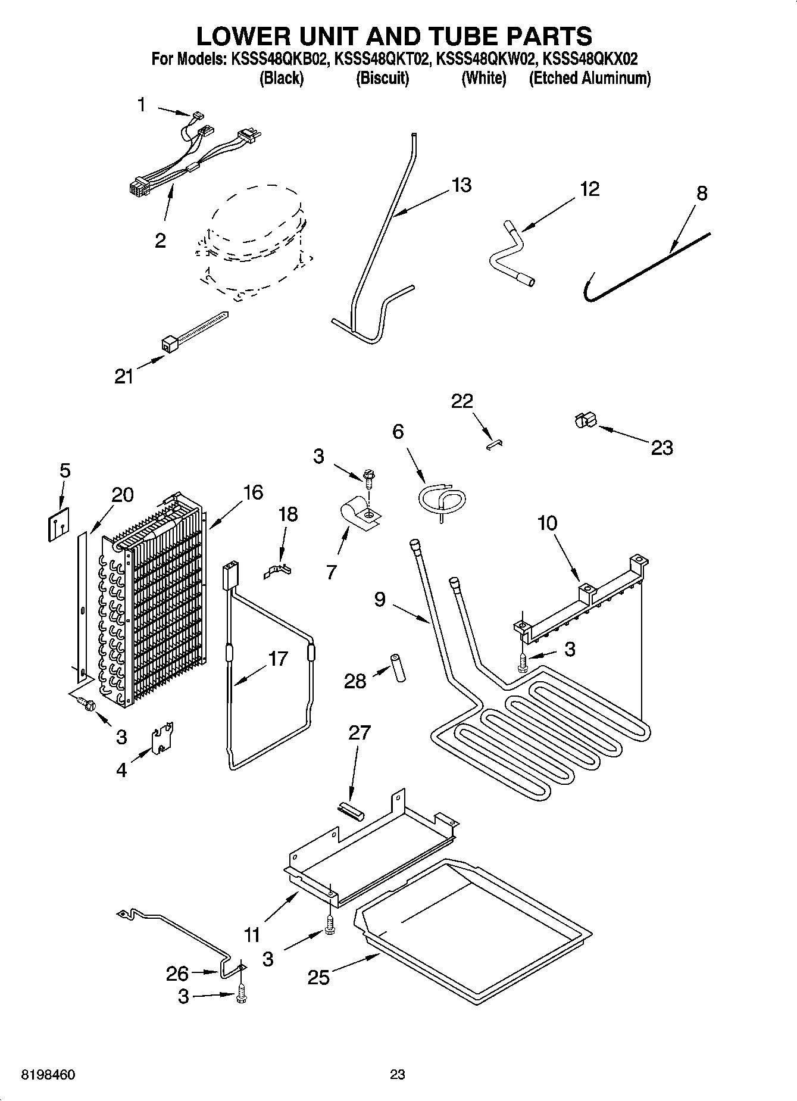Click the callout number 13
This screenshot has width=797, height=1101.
point(461,185)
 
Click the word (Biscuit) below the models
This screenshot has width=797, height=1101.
point(382,79)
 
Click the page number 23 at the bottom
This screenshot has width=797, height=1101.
point(398,1074)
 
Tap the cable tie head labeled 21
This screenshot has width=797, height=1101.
point(169,343)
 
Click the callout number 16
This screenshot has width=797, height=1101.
point(253,492)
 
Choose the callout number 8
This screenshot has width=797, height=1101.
point(702,194)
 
